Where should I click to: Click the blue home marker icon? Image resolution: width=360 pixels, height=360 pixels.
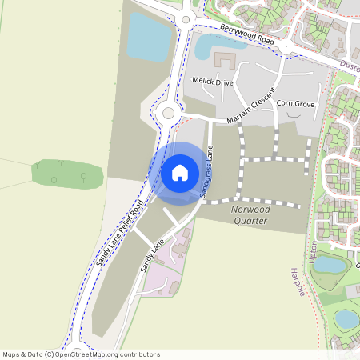pyautogui.click(x=180, y=172)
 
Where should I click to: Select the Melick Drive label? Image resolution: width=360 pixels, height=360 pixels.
pyautogui.click(x=212, y=80)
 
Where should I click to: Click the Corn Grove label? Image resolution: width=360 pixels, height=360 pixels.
pyautogui.click(x=295, y=104)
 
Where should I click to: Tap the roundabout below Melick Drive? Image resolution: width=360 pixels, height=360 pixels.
pyautogui.click(x=168, y=114)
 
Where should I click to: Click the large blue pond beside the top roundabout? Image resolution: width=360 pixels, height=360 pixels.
pyautogui.click(x=149, y=36)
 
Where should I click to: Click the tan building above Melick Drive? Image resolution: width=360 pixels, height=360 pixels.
pyautogui.click(x=222, y=60)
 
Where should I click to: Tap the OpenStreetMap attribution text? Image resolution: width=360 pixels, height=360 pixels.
pyautogui.click(x=81, y=354)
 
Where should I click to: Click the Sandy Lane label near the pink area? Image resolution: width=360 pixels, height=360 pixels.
pyautogui.click(x=152, y=255)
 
